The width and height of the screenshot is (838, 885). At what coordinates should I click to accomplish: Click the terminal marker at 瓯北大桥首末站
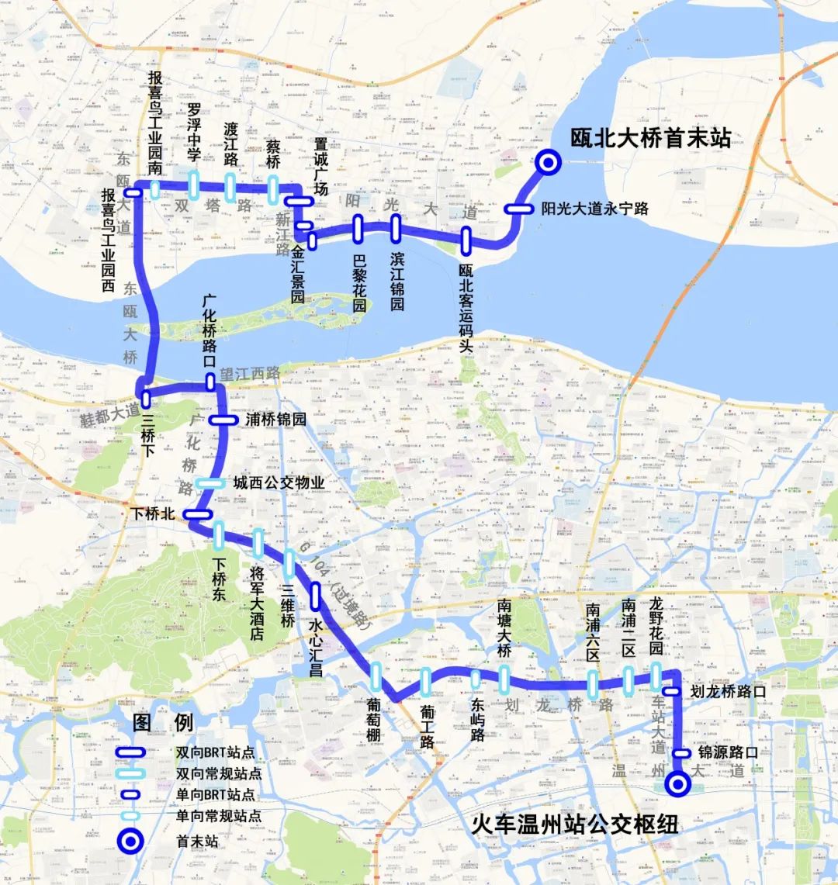(549, 161)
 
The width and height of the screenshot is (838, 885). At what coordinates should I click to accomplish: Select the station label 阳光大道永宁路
(594, 209)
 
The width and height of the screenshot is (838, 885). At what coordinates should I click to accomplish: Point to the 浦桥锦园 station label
(275, 420)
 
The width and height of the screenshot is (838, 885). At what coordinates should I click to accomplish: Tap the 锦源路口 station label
(728, 752)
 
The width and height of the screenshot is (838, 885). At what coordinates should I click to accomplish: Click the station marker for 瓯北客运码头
(466, 240)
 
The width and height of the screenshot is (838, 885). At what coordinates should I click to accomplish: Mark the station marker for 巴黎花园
(358, 228)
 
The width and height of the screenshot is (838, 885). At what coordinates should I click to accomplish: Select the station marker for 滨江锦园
(396, 229)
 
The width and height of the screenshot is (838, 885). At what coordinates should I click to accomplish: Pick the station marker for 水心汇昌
(316, 596)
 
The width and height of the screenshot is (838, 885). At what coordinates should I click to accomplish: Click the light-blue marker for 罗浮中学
(194, 185)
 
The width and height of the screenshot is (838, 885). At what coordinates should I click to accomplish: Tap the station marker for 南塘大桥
(504, 679)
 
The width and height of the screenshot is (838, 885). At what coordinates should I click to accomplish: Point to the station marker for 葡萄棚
(376, 676)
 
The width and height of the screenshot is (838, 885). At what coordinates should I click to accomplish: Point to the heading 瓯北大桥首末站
(650, 138)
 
